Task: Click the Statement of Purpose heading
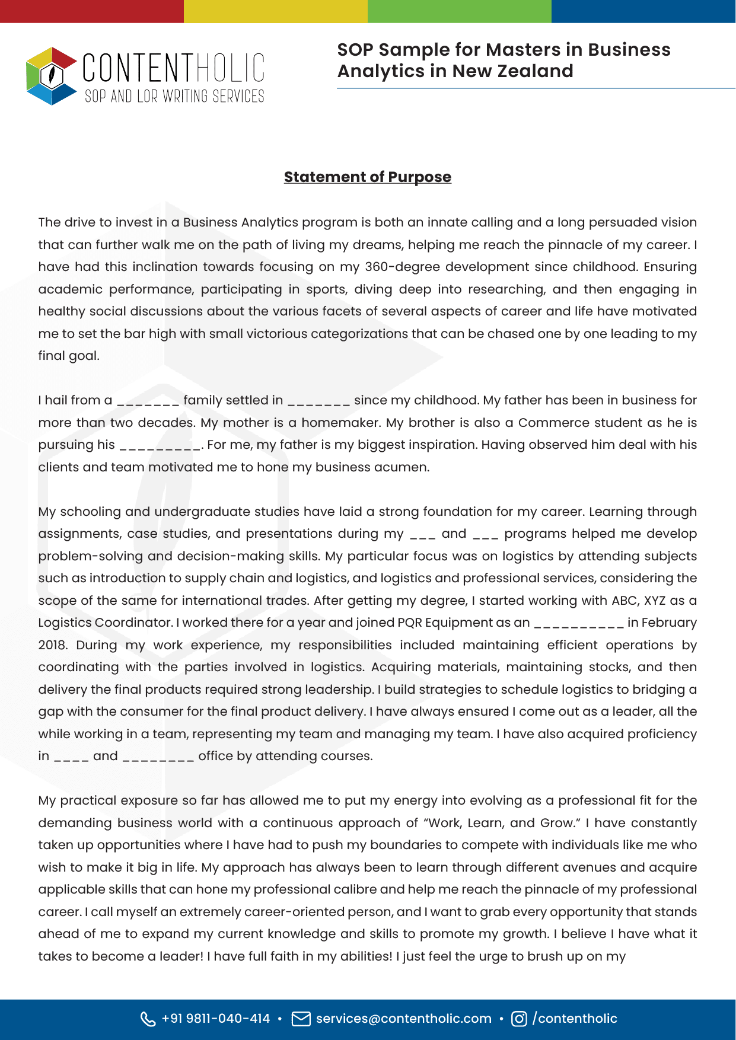(x=367, y=177)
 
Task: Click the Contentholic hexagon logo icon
(x=52, y=76)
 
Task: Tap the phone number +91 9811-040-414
(x=215, y=1019)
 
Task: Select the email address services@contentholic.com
(x=403, y=1019)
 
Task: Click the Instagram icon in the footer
(x=518, y=1019)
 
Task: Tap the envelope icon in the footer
(x=301, y=1019)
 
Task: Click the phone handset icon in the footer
(x=148, y=1019)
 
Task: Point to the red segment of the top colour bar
(x=92, y=11)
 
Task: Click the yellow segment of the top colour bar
(x=276, y=11)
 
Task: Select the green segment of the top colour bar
(x=460, y=11)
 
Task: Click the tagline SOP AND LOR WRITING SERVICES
(x=174, y=96)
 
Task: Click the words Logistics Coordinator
(x=105, y=623)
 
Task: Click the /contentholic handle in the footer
(x=575, y=1019)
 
